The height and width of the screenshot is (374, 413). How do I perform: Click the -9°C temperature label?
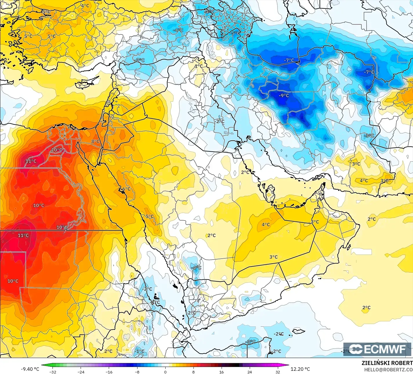284,95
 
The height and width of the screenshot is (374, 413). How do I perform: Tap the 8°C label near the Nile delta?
95,142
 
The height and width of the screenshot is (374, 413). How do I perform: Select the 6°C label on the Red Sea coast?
126,189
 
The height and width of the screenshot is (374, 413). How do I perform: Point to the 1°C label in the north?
199,66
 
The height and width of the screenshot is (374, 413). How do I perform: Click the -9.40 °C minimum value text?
30,369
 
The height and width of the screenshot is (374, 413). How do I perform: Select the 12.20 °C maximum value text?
300,369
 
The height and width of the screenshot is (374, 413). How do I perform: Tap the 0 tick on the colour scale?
165,372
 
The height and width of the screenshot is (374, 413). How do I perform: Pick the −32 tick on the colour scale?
52,372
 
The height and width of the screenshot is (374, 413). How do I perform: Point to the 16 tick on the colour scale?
222,372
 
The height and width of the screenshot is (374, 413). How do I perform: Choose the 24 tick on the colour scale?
250,372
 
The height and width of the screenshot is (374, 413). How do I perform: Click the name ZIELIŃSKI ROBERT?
387,363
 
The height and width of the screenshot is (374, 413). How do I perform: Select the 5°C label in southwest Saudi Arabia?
150,216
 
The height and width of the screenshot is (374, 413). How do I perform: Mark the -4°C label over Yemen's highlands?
196,267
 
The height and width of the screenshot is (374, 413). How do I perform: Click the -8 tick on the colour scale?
137,372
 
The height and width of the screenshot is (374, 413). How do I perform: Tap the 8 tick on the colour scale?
193,372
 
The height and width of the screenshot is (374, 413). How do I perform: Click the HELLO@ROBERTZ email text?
388,369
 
